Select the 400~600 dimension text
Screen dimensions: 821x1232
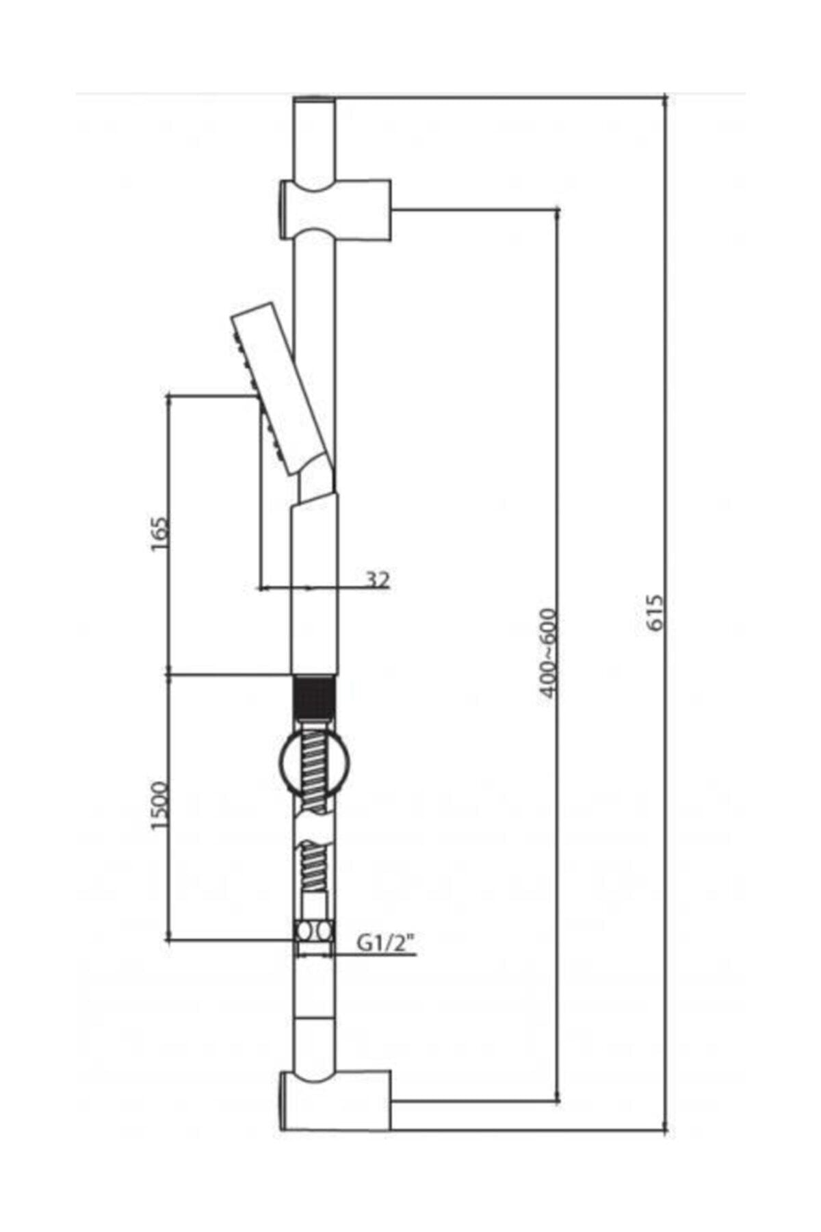click(x=548, y=653)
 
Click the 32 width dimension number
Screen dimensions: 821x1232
click(x=377, y=580)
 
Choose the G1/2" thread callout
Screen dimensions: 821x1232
click(x=386, y=945)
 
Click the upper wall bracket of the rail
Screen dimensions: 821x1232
click(x=335, y=209)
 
